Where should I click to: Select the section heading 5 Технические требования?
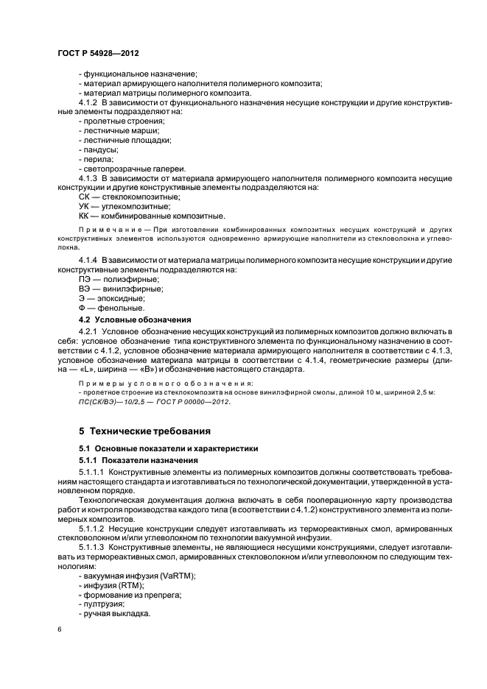pyautogui.click(x=148, y=429)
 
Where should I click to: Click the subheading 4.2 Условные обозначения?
pyautogui.click(x=135, y=320)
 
